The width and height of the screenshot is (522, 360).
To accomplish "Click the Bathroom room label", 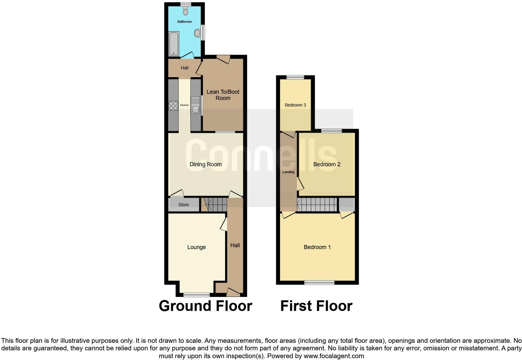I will click(x=185, y=22).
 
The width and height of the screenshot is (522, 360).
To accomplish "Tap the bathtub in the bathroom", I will click(x=174, y=44).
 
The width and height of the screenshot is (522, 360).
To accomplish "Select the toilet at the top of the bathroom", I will click(x=186, y=12).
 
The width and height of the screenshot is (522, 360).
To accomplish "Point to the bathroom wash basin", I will click(x=198, y=33).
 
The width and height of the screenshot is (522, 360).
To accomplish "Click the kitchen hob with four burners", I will click(x=173, y=106).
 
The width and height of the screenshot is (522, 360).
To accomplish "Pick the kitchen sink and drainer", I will click(x=195, y=105).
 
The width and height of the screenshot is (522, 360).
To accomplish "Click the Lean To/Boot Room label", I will click(x=223, y=95).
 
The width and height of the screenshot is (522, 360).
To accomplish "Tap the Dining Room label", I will click(x=205, y=164).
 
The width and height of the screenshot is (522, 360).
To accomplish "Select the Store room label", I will click(x=184, y=205).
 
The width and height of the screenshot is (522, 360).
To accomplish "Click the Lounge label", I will click(x=196, y=247).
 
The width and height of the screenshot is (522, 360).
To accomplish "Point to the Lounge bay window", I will click(x=196, y=294).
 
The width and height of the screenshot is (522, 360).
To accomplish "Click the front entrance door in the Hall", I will click(x=233, y=292).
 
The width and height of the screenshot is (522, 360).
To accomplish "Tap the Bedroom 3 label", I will click(x=295, y=105).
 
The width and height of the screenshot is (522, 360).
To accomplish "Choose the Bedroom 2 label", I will click(x=327, y=164).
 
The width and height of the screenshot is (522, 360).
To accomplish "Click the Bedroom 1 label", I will click(x=317, y=247).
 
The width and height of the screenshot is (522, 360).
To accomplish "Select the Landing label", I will click(x=288, y=172).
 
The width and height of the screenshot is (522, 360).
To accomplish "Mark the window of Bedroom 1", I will click(x=319, y=283).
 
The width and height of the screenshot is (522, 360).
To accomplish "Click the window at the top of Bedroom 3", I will click(x=295, y=77).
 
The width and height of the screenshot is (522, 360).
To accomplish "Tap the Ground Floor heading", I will click(x=205, y=306).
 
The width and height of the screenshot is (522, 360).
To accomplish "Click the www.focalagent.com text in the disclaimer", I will click(x=334, y=356).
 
